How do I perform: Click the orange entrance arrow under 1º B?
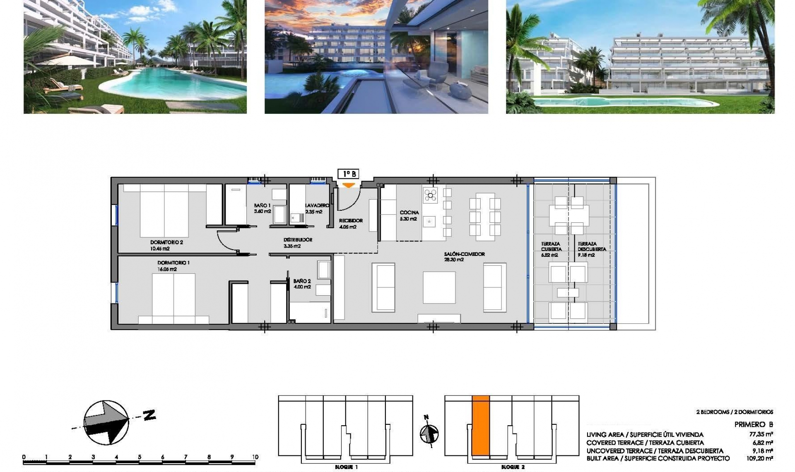point(349,185)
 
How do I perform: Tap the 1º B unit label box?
point(348,174)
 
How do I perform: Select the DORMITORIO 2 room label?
point(166,243)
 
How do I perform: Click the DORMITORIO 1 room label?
point(173,263)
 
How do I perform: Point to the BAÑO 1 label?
point(262,205)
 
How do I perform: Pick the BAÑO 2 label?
point(302,281)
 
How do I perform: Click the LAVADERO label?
point(317,205)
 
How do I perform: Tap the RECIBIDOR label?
point(351,221)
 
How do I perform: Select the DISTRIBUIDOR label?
point(298,240)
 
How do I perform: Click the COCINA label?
point(409,212)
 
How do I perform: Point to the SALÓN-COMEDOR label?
point(464,254)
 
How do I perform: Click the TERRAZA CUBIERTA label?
point(551,247)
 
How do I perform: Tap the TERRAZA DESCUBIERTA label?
point(592,247)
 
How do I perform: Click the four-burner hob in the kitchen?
point(430,195)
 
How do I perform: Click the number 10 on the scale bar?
point(255,457)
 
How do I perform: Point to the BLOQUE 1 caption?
point(346,467)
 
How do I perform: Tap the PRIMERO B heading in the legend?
point(754,424)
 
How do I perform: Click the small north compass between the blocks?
point(429,434)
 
